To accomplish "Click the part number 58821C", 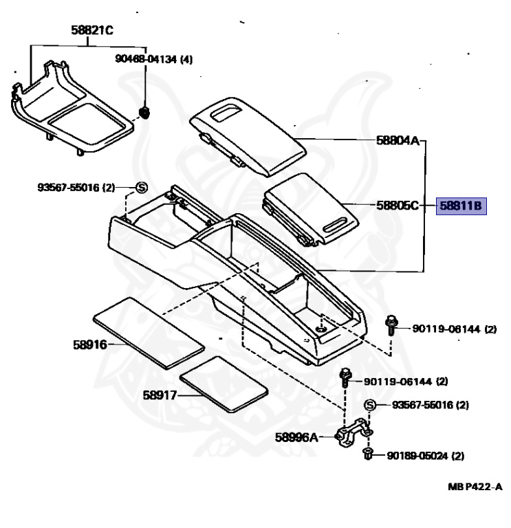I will tap(92, 30).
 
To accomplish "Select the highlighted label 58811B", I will tap(461, 206).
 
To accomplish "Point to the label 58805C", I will tap(398, 206).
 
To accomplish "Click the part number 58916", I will tap(90, 344).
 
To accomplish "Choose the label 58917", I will tap(160, 395).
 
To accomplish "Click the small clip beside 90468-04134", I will tap(144, 111).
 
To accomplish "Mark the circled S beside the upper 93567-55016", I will tap(141, 187).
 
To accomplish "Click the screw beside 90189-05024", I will tap(367, 454).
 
